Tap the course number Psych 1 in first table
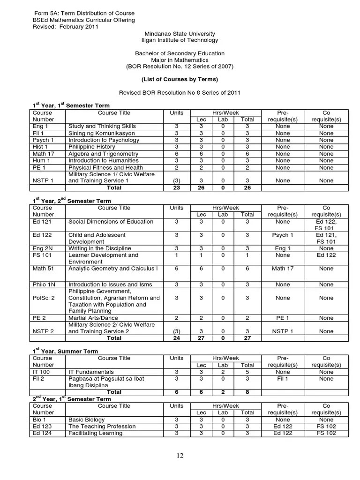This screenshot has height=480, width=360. pyautogui.click(x=43, y=140)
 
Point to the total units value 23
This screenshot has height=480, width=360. pyautogui.click(x=177, y=187)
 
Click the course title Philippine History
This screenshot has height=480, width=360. pyautogui.click(x=92, y=147)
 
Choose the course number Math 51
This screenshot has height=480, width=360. pyautogui.click(x=43, y=269)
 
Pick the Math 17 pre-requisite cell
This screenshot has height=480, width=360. pyautogui.click(x=283, y=269)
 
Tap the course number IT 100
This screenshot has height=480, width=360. pyautogui.click(x=42, y=372)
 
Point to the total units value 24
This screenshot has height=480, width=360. pyautogui.click(x=177, y=337)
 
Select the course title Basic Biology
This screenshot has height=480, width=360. pyautogui.click(x=86, y=420)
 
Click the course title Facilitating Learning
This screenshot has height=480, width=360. pyautogui.click(x=95, y=433)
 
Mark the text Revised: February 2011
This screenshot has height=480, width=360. pyautogui.click(x=65, y=27)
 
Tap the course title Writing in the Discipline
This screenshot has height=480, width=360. pyautogui.click(x=100, y=248)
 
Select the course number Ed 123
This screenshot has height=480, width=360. pyautogui.click(x=42, y=427)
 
